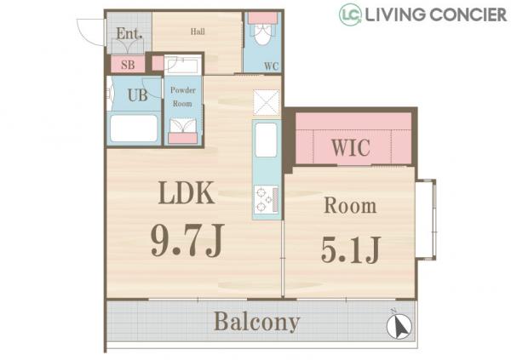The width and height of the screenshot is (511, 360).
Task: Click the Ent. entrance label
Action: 129,33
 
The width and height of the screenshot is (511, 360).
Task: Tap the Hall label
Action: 198,31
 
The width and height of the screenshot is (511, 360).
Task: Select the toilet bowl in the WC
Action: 262,34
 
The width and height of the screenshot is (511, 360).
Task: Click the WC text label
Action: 272,66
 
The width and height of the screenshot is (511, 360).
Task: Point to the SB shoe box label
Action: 128,65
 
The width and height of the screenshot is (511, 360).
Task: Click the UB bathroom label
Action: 137,95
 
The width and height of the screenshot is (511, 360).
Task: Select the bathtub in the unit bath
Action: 134,128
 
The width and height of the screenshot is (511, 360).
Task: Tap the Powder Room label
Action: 183,97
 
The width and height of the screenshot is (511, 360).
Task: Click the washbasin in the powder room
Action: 183,126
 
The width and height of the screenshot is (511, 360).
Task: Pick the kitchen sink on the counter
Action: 267,140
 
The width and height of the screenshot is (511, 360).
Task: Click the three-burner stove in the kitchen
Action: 267,199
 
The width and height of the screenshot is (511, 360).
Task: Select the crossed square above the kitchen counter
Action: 267,102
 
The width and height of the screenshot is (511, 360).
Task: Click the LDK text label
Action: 187,193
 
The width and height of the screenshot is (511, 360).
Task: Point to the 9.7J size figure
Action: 187,240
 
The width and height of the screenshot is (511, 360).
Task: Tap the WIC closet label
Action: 351,148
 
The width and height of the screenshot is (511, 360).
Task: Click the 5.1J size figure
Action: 351,250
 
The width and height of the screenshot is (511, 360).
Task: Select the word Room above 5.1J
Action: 350,206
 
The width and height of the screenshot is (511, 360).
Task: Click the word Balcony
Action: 257,322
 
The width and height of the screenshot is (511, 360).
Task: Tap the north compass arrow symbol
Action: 399,325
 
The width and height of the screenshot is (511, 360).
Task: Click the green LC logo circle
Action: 350,14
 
